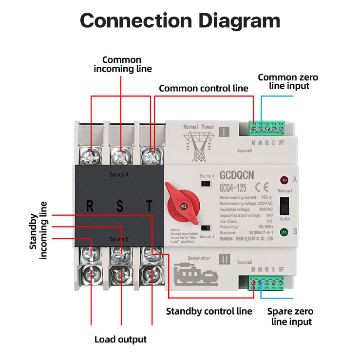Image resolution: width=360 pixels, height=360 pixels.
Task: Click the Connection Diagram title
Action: [x=180, y=20]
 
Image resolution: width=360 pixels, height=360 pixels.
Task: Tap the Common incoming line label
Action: [x=122, y=64]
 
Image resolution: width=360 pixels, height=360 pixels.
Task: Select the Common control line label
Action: [x=204, y=88]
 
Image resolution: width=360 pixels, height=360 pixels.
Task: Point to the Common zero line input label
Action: [x=284, y=81]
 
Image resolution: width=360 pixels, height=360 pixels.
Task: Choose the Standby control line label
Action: [x=209, y=311]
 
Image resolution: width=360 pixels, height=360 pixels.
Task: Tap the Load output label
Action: [x=120, y=339]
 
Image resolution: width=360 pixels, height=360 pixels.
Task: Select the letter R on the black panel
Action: [x=90, y=206]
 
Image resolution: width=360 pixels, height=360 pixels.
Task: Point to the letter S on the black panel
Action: [x=120, y=206]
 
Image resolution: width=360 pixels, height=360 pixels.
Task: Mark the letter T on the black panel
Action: [x=150, y=206]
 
